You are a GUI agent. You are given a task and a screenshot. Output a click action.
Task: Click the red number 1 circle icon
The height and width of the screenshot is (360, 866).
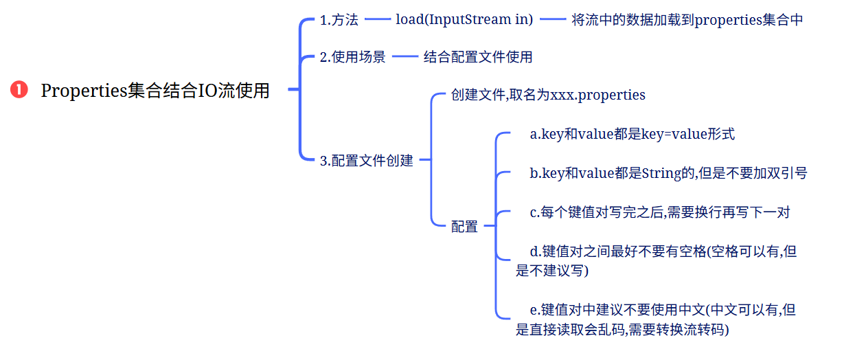click(19, 89)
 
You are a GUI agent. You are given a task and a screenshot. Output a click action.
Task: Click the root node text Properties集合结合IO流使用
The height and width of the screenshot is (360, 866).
click(155, 90)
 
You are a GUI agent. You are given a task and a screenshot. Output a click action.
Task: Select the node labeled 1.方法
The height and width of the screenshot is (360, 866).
click(339, 20)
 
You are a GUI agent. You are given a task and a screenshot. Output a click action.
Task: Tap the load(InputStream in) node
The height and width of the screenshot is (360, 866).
click(464, 20)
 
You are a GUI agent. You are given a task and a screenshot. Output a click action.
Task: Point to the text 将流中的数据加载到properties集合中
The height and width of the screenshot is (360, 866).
click(687, 20)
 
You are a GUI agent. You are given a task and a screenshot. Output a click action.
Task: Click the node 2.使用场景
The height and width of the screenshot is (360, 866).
click(353, 57)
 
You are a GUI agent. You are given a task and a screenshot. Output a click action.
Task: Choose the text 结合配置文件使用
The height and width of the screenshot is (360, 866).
click(478, 57)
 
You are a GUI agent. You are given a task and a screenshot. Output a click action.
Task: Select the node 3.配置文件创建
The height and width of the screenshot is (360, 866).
click(367, 161)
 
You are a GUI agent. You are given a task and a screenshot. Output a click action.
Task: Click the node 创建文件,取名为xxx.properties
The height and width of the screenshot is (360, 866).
click(548, 95)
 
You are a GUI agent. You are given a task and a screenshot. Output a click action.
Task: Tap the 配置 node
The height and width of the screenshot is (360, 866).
click(464, 226)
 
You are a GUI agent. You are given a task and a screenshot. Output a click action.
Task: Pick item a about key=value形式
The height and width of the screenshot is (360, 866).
click(632, 135)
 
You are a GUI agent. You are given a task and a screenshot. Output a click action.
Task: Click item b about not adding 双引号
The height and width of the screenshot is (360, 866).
click(668, 173)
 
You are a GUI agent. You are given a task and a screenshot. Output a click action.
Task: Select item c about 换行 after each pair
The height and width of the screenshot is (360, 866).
click(659, 212)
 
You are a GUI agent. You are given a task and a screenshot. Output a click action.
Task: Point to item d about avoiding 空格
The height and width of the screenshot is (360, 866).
click(656, 261)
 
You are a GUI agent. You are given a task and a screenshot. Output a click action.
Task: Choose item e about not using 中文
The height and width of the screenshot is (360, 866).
click(656, 320)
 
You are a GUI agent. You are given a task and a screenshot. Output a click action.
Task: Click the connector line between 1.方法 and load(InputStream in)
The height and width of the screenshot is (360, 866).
click(377, 21)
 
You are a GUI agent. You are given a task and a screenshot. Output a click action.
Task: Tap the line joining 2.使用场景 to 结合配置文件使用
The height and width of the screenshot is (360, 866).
click(404, 57)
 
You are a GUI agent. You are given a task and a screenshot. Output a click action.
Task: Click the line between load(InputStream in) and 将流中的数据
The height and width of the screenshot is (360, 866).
click(552, 21)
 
